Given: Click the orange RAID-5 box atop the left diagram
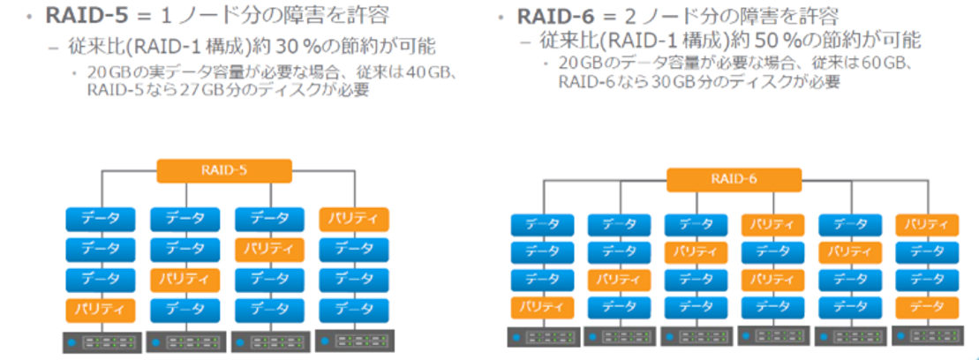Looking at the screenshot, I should [x=223, y=170].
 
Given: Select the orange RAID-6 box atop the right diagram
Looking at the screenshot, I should [x=734, y=179].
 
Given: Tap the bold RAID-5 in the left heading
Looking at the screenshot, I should [x=86, y=17].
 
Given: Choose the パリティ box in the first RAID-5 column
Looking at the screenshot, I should [x=100, y=310].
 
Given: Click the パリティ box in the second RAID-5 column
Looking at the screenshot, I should [x=184, y=280].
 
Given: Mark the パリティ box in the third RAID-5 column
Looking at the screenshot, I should [x=268, y=250].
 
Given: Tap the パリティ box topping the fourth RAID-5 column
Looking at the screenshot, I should [x=353, y=219].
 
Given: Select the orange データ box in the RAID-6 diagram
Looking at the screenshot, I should [x=927, y=308].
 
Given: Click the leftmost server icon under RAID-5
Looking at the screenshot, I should [x=100, y=341].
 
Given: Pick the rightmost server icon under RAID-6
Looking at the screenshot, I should [x=927, y=336].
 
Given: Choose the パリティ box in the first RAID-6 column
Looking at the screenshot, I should [x=542, y=308].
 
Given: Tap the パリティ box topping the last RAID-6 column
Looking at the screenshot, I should [x=927, y=224].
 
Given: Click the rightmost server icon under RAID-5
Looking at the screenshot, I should [x=353, y=341].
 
